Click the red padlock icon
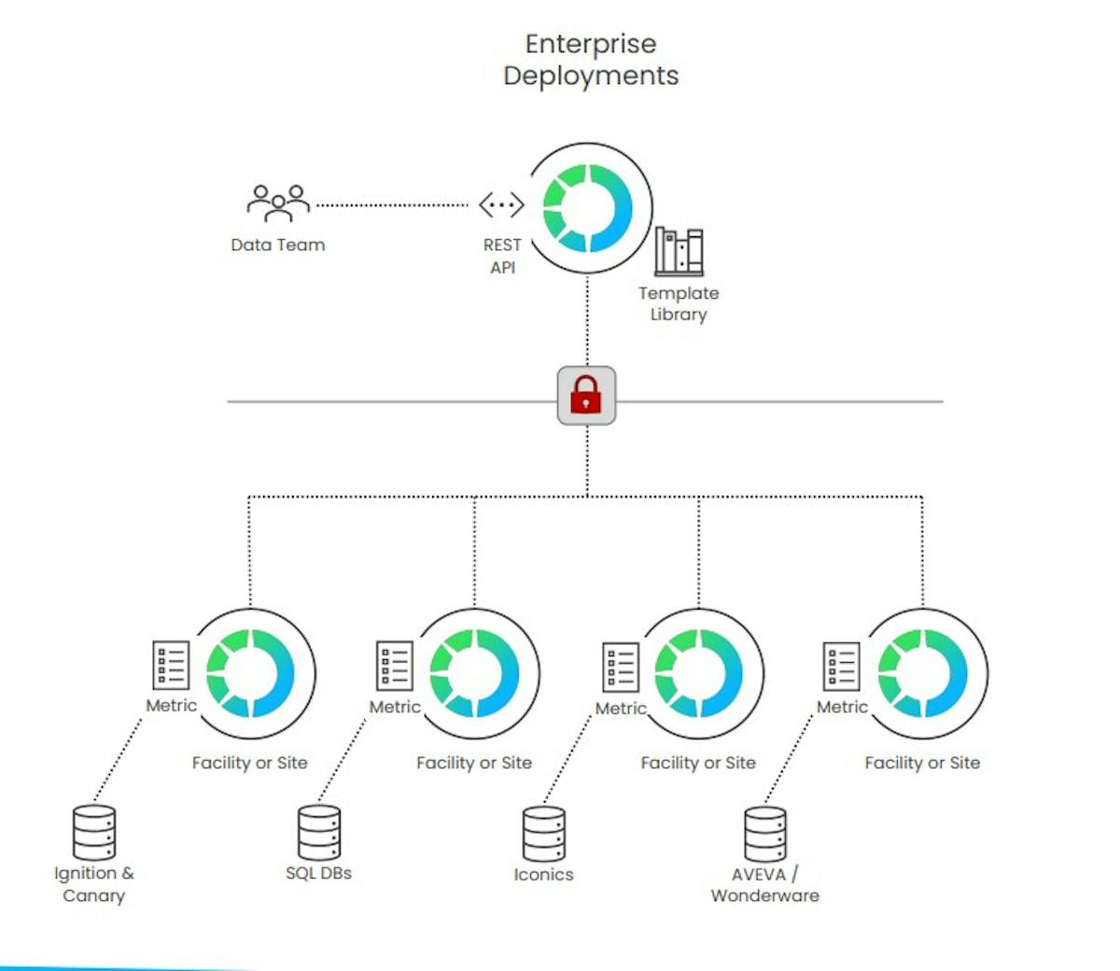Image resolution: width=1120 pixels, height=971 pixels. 586,396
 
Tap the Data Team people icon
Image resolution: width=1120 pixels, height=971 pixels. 277,204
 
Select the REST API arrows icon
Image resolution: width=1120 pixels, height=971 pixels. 501,204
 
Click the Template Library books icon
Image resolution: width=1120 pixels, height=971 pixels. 679,251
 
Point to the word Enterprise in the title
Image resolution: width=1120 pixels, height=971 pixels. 591,44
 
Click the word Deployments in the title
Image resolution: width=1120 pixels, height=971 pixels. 591,76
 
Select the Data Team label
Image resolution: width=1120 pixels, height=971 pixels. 278,245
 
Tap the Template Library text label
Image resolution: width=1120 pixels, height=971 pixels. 679,303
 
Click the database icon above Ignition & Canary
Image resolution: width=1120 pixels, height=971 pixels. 94,833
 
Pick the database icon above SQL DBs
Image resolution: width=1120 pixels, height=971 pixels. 319,833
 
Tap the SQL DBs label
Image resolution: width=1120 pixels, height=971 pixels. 319,874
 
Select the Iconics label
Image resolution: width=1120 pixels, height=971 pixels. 543,875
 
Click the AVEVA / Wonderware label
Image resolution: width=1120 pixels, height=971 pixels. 765,885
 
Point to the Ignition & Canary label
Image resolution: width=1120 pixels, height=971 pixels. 94,884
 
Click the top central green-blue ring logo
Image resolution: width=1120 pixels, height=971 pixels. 588,208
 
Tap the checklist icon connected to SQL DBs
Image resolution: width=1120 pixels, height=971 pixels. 395,666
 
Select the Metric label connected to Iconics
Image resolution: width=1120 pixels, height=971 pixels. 621,709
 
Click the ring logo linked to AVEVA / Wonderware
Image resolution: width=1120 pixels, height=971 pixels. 923,673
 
